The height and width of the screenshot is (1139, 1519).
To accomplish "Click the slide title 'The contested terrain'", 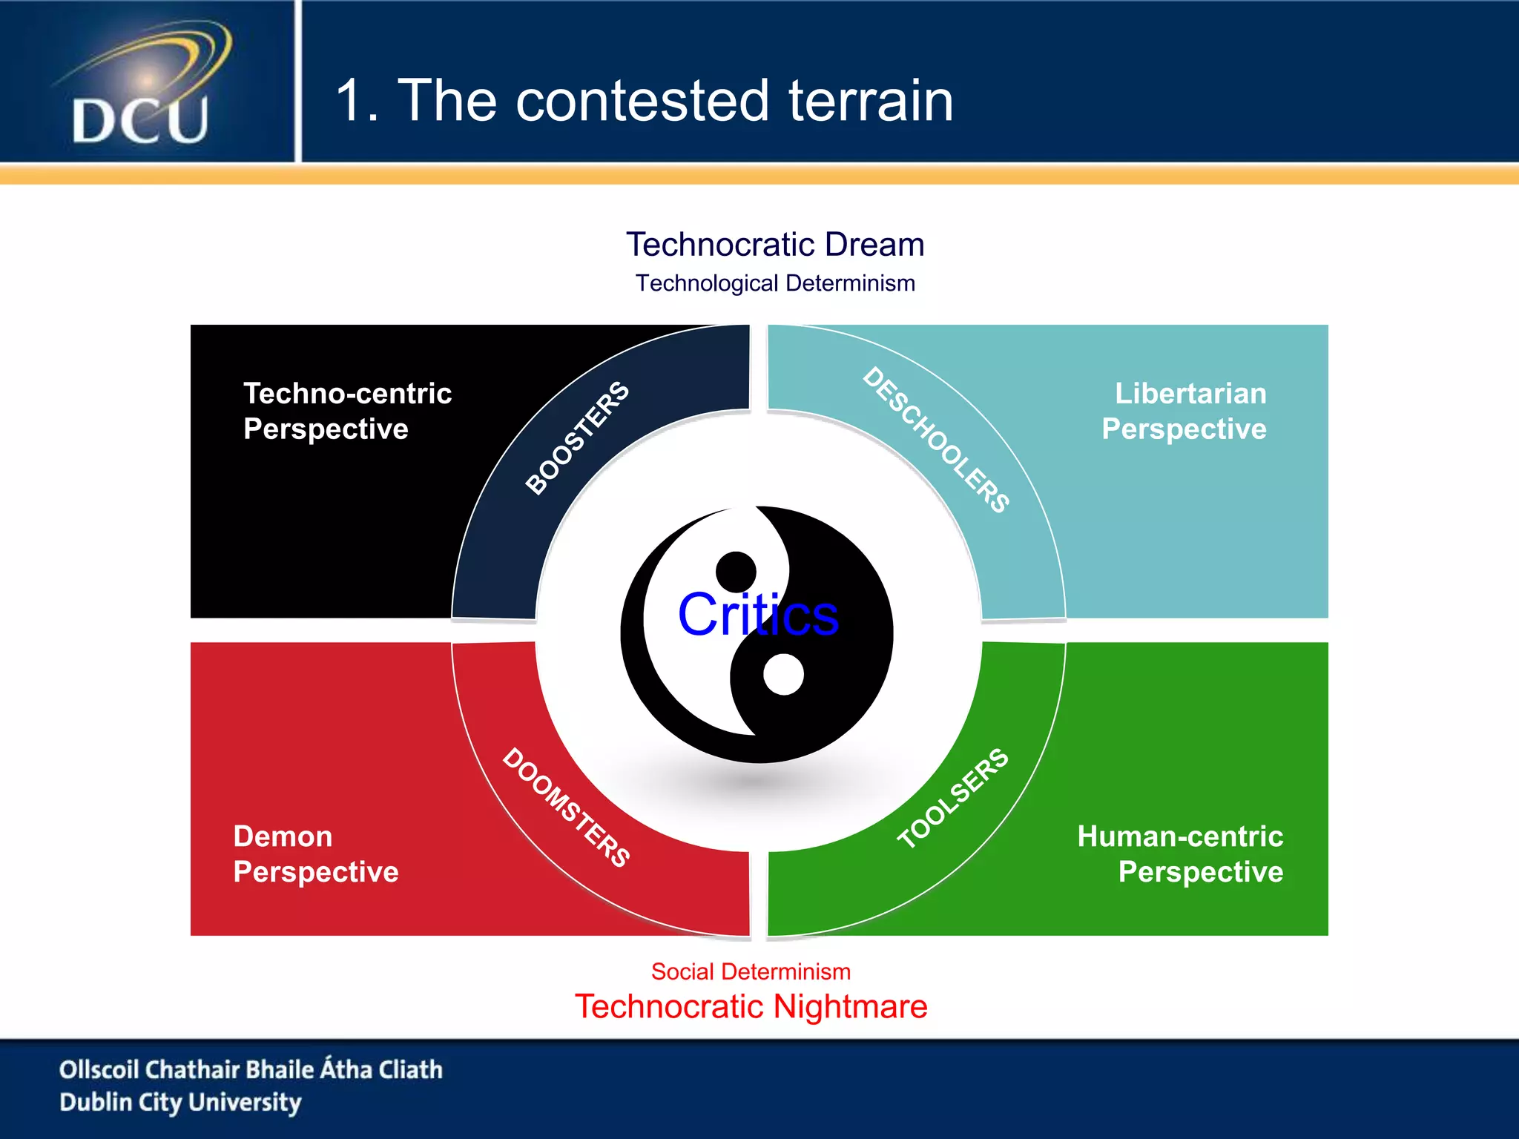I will pyautogui.click(x=675, y=101).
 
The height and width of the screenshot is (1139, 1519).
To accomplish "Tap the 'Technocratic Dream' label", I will pyautogui.click(x=775, y=244).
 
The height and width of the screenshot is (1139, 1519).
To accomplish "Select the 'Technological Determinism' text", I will pyautogui.click(x=775, y=283).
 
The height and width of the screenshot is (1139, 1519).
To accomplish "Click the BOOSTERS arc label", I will pyautogui.click(x=577, y=438).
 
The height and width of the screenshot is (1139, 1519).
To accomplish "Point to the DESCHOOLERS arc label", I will pyautogui.click(x=936, y=439).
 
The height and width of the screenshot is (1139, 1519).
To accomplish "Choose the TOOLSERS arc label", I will pyautogui.click(x=953, y=798).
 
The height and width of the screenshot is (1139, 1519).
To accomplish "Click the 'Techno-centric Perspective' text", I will pyautogui.click(x=347, y=411).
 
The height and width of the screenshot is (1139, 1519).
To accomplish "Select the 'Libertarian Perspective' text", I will pyautogui.click(x=1184, y=411).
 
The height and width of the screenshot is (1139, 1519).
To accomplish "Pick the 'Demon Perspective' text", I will pyautogui.click(x=315, y=854).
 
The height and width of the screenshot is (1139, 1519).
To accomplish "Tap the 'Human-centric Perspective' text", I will pyautogui.click(x=1180, y=854).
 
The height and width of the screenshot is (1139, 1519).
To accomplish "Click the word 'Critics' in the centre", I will pyautogui.click(x=758, y=615).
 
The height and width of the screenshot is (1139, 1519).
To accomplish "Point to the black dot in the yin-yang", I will pyautogui.click(x=736, y=572).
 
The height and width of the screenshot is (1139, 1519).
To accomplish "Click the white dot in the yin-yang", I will pyautogui.click(x=783, y=674).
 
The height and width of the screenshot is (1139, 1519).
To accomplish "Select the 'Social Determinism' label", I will pyautogui.click(x=751, y=971).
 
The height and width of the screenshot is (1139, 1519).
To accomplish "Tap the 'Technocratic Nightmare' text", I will pyautogui.click(x=751, y=1006).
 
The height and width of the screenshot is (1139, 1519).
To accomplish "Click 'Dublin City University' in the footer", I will pyautogui.click(x=180, y=1102).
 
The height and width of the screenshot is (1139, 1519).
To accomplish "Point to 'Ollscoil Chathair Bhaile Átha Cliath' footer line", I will pyautogui.click(x=251, y=1069).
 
